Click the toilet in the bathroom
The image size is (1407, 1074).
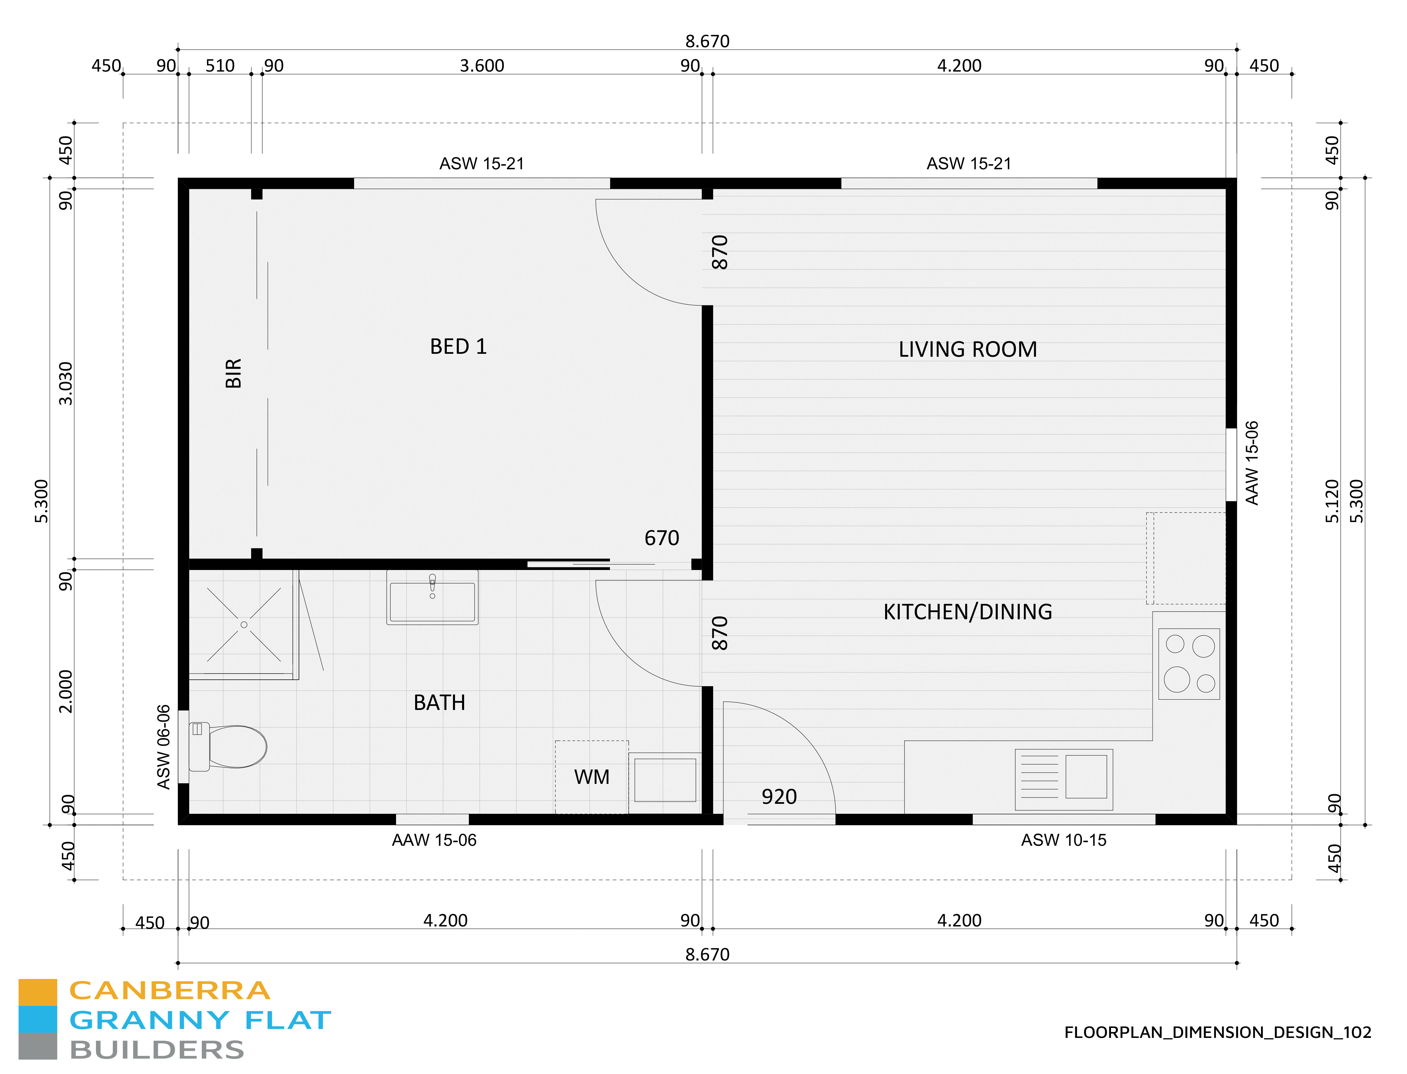coord(230,746)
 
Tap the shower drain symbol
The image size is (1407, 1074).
coord(243,625)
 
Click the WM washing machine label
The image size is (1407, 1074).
coord(591,777)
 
